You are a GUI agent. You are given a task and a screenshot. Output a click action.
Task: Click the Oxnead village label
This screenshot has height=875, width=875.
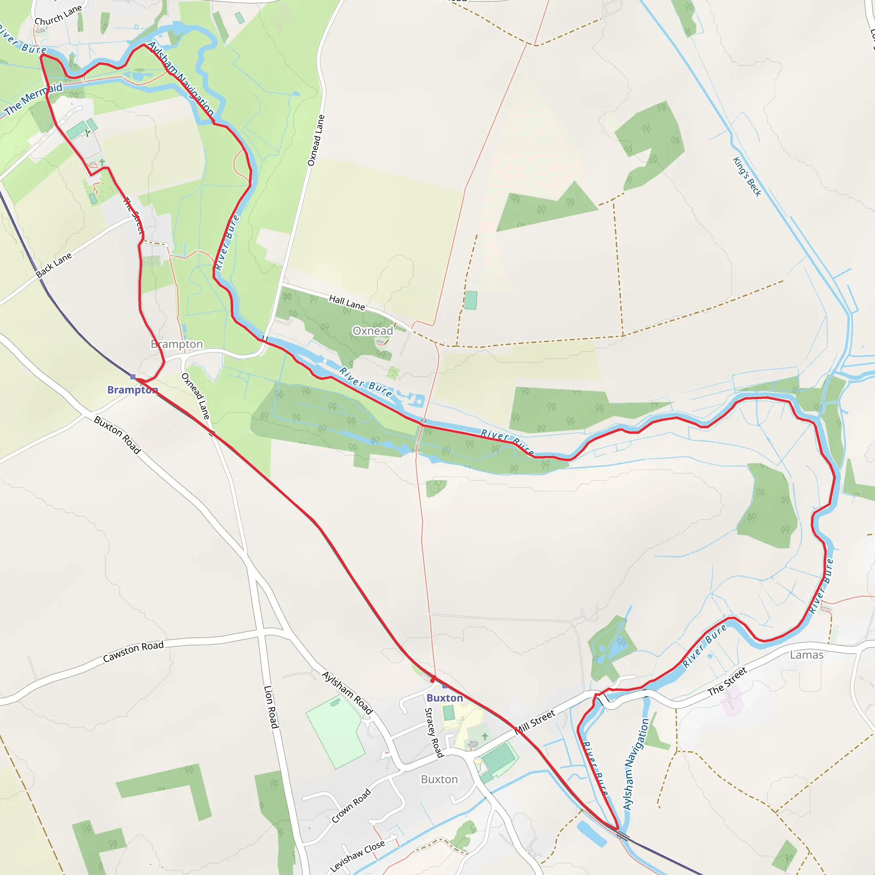[x=373, y=331]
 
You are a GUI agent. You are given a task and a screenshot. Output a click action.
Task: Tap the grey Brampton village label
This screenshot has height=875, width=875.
[x=176, y=344]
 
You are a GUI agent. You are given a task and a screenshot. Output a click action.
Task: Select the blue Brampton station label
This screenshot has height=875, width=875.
[x=132, y=390]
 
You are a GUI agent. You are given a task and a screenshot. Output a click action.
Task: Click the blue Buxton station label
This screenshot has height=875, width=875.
[x=445, y=698]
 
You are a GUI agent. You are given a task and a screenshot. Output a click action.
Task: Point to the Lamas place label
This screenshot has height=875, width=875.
[x=807, y=655]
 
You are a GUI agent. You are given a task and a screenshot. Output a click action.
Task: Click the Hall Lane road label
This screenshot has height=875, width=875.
[x=347, y=302]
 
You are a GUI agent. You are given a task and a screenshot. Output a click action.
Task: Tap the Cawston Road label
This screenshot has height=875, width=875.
[x=133, y=652]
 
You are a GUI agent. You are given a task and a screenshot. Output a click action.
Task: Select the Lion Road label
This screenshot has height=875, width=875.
[x=270, y=707]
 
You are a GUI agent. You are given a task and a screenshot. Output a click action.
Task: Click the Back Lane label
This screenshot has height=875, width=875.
[x=54, y=265]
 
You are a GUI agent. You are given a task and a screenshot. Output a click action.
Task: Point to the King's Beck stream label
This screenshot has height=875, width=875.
[x=747, y=176]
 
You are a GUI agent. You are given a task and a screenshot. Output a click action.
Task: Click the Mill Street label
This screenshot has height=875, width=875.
[x=536, y=722]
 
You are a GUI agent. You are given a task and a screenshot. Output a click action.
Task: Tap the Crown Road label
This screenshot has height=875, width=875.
[x=351, y=806]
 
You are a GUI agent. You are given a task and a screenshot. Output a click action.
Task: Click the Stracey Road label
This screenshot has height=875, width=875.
[x=433, y=732]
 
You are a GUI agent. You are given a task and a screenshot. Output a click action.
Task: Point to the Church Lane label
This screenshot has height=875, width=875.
[x=58, y=15]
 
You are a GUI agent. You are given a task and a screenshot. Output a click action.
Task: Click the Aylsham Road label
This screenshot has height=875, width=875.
[x=347, y=693]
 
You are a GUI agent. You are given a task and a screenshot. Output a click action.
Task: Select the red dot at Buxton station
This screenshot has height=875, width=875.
[x=433, y=679]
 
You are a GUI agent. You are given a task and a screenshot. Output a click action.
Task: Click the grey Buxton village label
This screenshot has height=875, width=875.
[x=439, y=779]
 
